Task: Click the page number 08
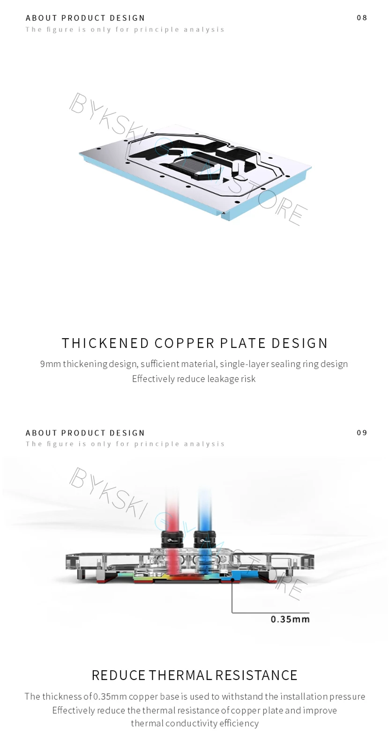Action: (362, 18)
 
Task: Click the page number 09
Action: (362, 433)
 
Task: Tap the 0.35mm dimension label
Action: (290, 619)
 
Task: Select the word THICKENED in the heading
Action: (105, 343)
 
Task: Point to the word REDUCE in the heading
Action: (119, 675)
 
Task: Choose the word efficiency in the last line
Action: (240, 724)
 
